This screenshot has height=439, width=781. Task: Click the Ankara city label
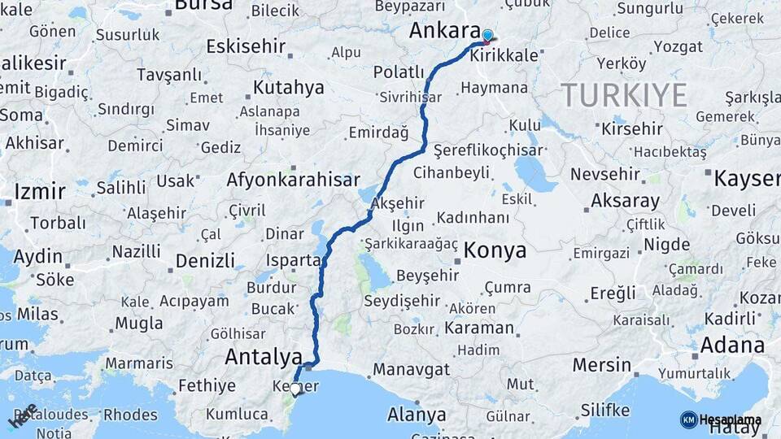[444, 31]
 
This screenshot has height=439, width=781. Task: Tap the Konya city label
[495, 250]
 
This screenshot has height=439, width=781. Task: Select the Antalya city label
[263, 356]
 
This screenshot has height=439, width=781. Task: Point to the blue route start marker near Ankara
[487, 36]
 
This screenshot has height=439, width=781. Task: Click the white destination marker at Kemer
[295, 389]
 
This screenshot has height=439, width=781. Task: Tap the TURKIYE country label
[624, 95]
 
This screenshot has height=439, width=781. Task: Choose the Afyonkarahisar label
[293, 180]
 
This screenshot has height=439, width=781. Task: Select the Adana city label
[732, 345]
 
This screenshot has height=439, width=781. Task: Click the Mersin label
[601, 365]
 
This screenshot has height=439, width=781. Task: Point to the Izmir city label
[39, 192]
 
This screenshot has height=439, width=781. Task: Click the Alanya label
[417, 415]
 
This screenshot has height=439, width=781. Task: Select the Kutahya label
[288, 88]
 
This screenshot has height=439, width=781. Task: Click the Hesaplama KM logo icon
[688, 419]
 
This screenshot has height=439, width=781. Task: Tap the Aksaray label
[625, 201]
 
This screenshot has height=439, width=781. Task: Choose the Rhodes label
[130, 415]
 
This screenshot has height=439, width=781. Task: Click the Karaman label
[479, 328]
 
